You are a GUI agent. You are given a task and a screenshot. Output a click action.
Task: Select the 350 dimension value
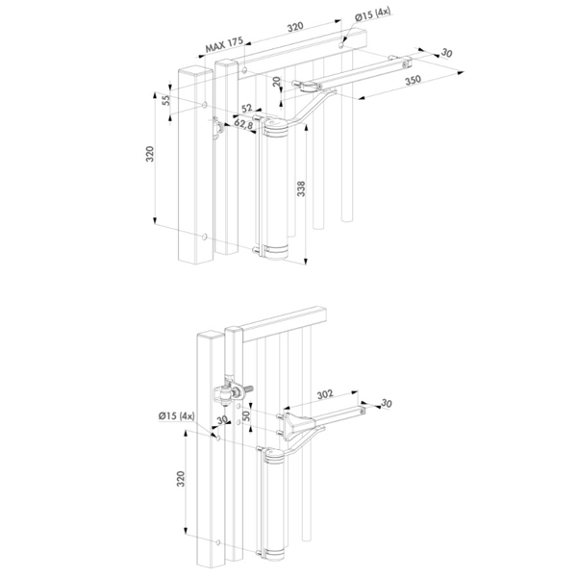(413, 80)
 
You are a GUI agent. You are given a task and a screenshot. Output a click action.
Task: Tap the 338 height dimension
(301, 188)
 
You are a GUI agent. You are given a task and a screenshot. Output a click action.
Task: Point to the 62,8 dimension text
(243, 124)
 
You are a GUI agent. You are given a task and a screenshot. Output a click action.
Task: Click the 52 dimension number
(246, 108)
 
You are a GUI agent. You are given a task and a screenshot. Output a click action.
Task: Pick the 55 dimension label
(166, 100)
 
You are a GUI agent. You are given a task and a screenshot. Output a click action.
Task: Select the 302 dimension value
(325, 394)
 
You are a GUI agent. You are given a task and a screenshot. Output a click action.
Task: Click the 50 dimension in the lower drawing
(246, 415)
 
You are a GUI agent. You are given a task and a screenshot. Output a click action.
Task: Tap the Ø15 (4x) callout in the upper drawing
(372, 14)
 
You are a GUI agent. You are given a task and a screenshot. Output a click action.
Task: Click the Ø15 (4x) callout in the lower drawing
(176, 416)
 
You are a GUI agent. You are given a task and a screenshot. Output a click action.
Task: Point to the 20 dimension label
(277, 81)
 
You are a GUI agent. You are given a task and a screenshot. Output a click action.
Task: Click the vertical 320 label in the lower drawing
(181, 479)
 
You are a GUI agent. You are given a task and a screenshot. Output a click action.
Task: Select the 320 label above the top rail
(295, 27)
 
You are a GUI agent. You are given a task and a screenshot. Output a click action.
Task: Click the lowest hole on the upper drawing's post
(205, 237)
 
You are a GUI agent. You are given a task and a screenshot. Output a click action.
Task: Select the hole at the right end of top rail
(341, 45)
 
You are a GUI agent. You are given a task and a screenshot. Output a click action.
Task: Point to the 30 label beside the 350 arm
(446, 53)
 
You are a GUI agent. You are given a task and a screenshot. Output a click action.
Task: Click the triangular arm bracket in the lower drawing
(296, 423)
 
